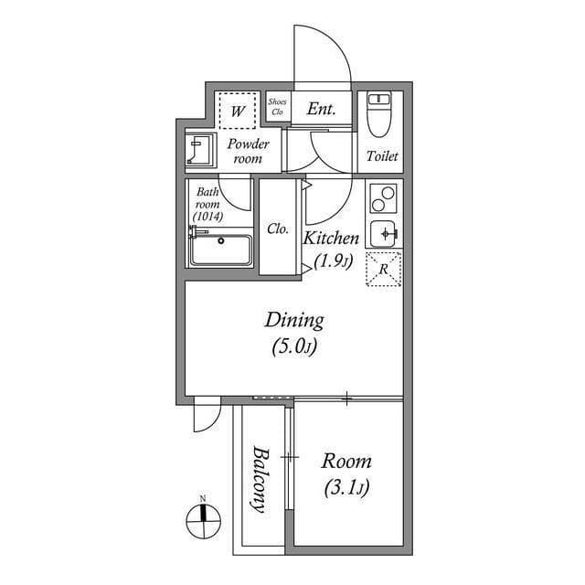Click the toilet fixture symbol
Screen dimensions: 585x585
(x=378, y=116)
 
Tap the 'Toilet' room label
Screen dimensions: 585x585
(x=382, y=156)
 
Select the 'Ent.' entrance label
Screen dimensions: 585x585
(x=321, y=110)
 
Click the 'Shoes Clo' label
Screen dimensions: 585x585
(x=277, y=107)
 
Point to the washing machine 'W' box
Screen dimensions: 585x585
(x=238, y=112)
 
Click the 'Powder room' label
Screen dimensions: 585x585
(x=248, y=151)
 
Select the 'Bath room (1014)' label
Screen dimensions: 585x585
(x=207, y=204)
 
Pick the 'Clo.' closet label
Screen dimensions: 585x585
(x=278, y=229)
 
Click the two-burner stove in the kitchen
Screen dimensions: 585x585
(x=385, y=198)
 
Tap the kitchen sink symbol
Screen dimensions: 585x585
(x=384, y=233)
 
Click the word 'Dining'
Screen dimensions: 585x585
(x=294, y=320)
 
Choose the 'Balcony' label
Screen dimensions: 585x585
(x=260, y=479)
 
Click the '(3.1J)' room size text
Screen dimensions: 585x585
(x=346, y=488)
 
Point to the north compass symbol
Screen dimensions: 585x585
(x=202, y=521)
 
